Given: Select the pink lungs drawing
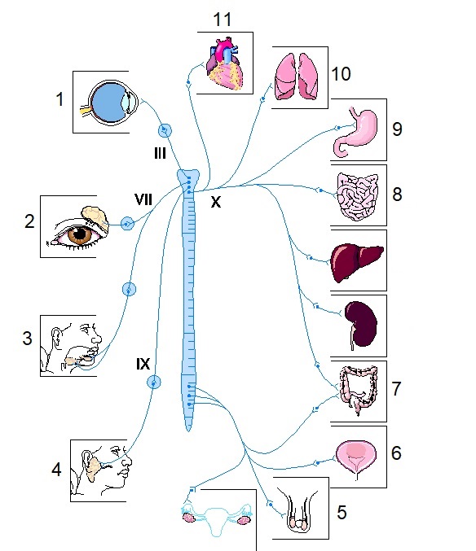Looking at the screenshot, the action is point(297,77).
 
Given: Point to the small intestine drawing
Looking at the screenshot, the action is point(358,196).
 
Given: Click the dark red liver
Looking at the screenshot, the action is point(357,262).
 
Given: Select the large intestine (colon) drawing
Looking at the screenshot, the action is point(359,390).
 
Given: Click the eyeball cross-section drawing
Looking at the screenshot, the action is point(111,103).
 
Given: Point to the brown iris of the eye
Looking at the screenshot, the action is point(80,234).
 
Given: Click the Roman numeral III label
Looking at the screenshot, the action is point(160,153).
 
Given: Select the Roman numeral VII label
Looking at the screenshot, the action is point(143,199).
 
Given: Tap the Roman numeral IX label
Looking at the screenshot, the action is point(143,364).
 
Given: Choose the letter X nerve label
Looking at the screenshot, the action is point(216,202).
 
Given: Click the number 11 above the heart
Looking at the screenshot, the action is point(223,20).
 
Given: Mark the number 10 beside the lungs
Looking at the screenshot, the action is point(341,74).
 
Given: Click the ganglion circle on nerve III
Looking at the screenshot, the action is point(165,130).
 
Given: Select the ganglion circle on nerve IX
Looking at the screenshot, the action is point(154,382).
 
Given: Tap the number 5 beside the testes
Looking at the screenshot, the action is point(342,513).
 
